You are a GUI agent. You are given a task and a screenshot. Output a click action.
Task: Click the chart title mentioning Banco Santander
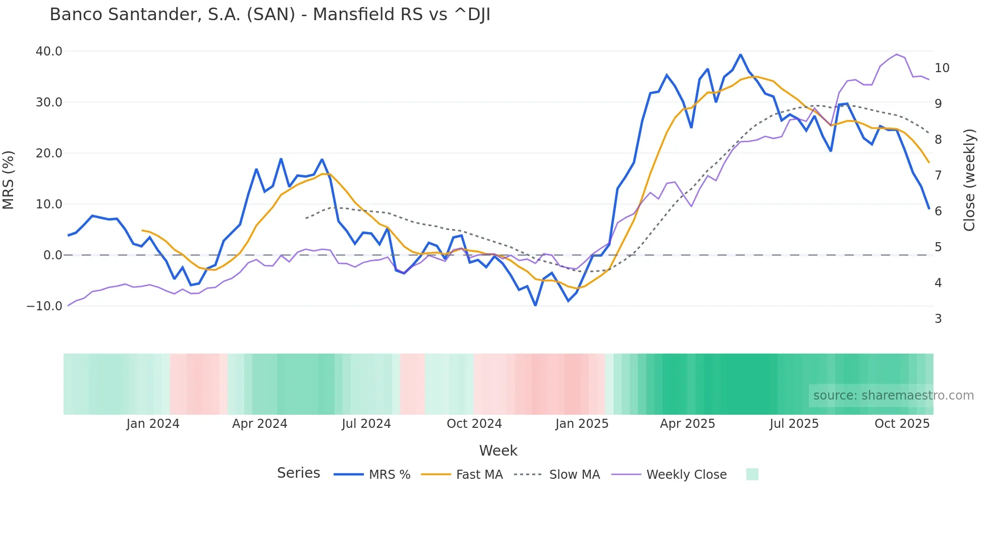(269, 15)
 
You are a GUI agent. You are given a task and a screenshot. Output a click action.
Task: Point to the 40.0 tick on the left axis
(49, 51)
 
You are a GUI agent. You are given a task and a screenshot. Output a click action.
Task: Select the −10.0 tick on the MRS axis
(44, 306)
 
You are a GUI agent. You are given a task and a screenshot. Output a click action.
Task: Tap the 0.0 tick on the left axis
(52, 255)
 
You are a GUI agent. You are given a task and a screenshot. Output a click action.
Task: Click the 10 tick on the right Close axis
(942, 68)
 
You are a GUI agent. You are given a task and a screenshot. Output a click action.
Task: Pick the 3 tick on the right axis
(938, 319)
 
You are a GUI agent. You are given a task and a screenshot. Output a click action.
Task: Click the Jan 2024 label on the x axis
(152, 424)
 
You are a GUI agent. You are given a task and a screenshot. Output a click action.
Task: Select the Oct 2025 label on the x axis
(902, 424)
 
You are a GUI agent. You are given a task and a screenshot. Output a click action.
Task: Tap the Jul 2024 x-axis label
(366, 424)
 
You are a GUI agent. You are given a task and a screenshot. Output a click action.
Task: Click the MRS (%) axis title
(9, 180)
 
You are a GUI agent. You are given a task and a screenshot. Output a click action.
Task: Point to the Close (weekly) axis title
(969, 180)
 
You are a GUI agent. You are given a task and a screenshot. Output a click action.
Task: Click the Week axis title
(498, 451)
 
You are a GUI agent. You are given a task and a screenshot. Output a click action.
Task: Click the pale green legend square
(752, 474)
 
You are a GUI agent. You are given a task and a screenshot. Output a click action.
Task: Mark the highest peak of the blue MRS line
(740, 54)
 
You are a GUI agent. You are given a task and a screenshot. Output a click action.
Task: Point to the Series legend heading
(298, 473)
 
